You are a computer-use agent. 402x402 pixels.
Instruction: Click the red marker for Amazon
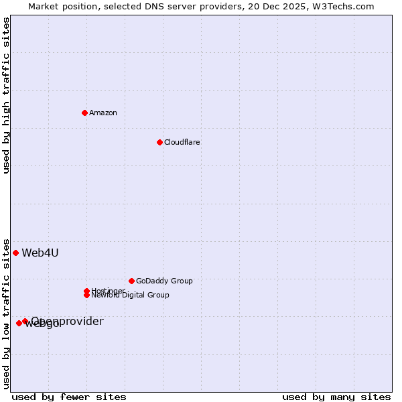84,113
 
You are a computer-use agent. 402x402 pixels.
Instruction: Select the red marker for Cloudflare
159,142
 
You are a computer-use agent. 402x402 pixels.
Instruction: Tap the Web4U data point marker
15,253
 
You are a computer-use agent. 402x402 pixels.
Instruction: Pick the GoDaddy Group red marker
131,281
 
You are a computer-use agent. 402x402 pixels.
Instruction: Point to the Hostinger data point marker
86,291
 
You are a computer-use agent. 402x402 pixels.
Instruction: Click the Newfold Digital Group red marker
87,295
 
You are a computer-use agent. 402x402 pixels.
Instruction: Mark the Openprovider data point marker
25,321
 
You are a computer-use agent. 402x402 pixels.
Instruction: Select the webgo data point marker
19,324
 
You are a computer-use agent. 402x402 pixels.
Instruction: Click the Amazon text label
103,113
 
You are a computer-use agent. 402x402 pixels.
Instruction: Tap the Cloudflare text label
182,142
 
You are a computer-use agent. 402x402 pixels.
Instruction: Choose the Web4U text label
40,253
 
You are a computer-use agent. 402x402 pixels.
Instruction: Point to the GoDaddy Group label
164,281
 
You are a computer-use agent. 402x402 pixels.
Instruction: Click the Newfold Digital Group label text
131,295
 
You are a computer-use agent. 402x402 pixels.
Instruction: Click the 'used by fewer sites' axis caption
69,397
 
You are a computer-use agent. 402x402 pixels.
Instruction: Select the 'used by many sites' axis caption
336,397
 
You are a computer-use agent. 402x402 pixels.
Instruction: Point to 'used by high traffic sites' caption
6,95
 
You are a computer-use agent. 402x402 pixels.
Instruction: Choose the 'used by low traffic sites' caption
6,314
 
